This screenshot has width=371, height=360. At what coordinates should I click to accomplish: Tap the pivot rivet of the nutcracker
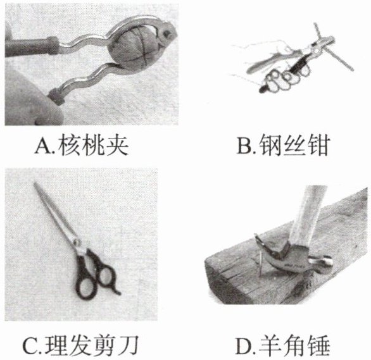(167, 33)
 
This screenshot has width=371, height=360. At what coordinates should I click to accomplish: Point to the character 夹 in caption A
(118, 146)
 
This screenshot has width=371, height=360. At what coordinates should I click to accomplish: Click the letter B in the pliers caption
(245, 146)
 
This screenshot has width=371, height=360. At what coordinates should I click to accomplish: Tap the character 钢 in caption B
(270, 146)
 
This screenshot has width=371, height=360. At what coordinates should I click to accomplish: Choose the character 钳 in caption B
(318, 146)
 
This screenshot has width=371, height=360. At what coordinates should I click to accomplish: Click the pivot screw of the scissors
(77, 242)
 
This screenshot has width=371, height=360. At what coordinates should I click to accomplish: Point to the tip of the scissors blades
(35, 183)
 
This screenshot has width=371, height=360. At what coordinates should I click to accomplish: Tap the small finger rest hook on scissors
(116, 291)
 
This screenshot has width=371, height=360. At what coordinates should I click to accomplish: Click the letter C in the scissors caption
(31, 347)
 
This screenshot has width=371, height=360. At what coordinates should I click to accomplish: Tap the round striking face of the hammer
(328, 262)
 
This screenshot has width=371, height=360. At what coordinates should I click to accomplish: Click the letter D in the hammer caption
(244, 347)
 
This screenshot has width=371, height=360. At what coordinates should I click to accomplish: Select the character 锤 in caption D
(318, 346)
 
